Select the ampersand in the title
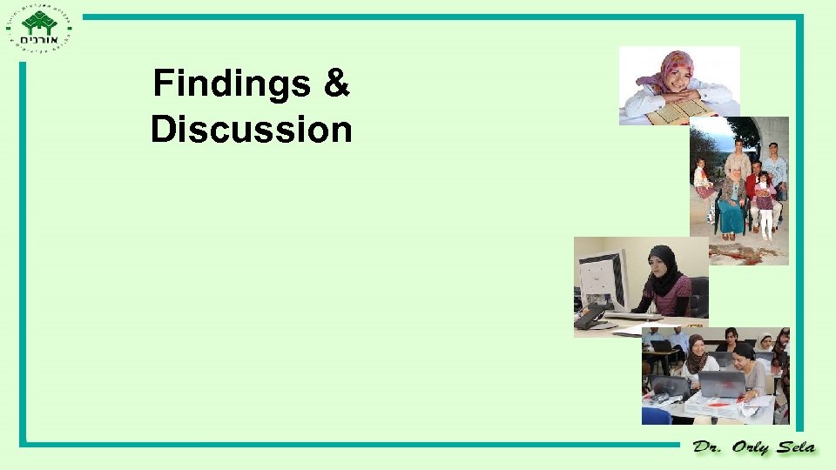coord(335,84)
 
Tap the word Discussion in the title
coord(251,130)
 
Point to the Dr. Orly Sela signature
coord(754,447)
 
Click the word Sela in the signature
coord(793,447)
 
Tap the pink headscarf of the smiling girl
coord(671,69)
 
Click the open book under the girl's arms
coord(678,110)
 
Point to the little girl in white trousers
coord(765,204)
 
